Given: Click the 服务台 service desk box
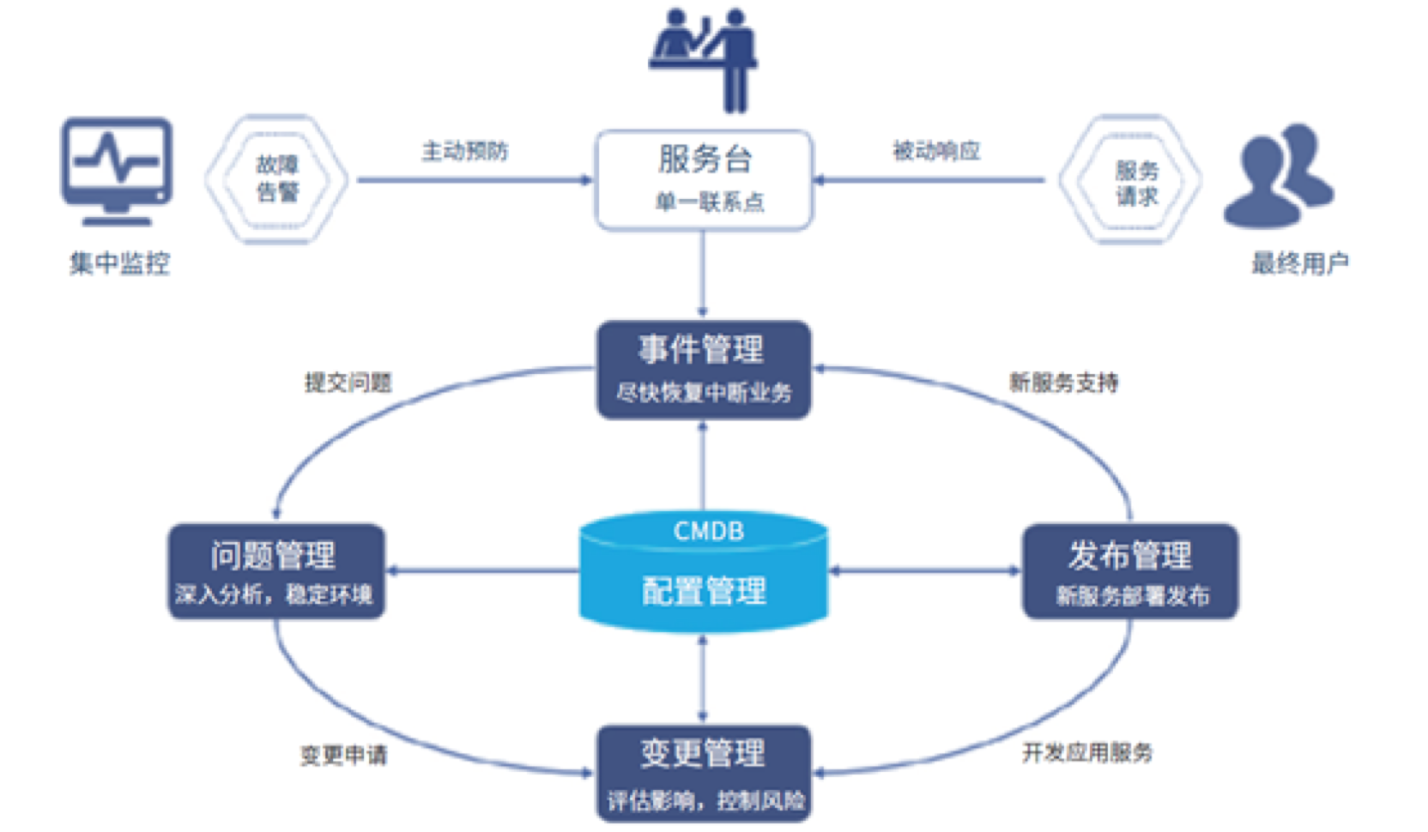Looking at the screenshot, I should pyautogui.click(x=704, y=180).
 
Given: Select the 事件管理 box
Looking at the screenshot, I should pyautogui.click(x=704, y=370).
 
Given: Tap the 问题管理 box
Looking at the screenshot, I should pyautogui.click(x=275, y=571).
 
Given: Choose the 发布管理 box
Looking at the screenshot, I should pyautogui.click(x=1129, y=571).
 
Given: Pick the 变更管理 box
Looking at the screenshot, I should pyautogui.click(x=704, y=773).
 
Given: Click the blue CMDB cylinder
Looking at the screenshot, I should pyautogui.click(x=704, y=571).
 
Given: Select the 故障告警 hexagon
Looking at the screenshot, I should pyautogui.click(x=276, y=178).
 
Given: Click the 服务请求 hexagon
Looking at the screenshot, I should pyautogui.click(x=1131, y=180).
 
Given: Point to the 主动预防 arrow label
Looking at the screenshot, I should pyautogui.click(x=464, y=152).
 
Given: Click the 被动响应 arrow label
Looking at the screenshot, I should pyautogui.click(x=936, y=152).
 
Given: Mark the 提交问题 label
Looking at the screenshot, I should pyautogui.click(x=348, y=383).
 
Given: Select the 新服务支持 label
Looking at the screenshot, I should pyautogui.click(x=1063, y=383).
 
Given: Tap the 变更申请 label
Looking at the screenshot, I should pyautogui.click(x=343, y=755).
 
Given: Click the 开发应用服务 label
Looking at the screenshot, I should pyautogui.click(x=1086, y=753).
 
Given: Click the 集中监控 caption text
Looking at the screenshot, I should pyautogui.click(x=119, y=263).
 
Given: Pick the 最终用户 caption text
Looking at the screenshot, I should pyautogui.click(x=1299, y=263).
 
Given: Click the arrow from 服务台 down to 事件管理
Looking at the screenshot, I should pyautogui.click(x=703, y=274).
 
